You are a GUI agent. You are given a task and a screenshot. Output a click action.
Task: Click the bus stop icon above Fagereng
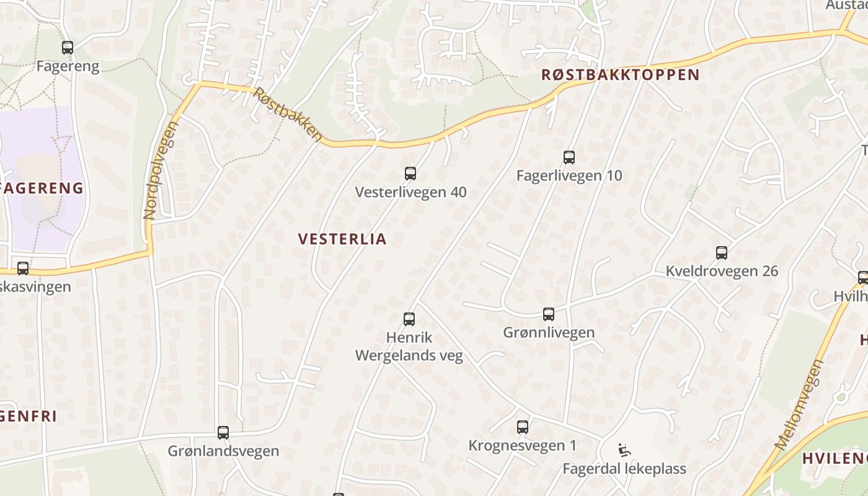pos(68,47)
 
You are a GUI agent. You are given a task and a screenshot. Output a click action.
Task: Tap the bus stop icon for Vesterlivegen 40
pos(410,174)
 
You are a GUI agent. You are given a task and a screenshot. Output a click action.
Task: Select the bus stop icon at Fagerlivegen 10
pos(569,157)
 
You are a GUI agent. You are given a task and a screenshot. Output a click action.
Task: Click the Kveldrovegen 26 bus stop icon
pos(722,253)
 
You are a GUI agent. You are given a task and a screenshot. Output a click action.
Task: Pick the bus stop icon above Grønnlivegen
pos(549,314)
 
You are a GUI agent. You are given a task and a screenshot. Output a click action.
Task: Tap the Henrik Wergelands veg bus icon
pos(409,319)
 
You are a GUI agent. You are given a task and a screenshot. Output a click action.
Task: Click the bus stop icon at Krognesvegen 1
pos(523,427)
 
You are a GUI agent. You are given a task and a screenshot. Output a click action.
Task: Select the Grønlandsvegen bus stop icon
pos(223,433)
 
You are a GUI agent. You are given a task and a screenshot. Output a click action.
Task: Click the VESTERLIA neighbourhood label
pos(342,239)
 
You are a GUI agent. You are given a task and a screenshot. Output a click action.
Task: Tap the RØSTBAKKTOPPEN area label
pos(620,75)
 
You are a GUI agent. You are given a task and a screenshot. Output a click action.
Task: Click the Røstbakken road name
pos(288,115)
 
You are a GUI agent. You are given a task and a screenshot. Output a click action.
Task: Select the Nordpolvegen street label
pos(160,170)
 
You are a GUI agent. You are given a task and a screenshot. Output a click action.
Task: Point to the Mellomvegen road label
pos(799,404)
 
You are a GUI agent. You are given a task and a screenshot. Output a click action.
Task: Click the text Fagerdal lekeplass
pos(624,468)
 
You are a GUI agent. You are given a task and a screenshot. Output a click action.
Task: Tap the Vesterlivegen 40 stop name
pos(410,192)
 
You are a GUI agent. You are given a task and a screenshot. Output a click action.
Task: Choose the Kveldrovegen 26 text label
pos(722,271)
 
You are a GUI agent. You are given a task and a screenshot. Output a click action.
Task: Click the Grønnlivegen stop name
pos(549,332)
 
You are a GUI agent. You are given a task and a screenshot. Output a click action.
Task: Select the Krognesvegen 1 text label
pos(523,445)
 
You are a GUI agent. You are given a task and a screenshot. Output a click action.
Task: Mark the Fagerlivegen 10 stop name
pos(569,175)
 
